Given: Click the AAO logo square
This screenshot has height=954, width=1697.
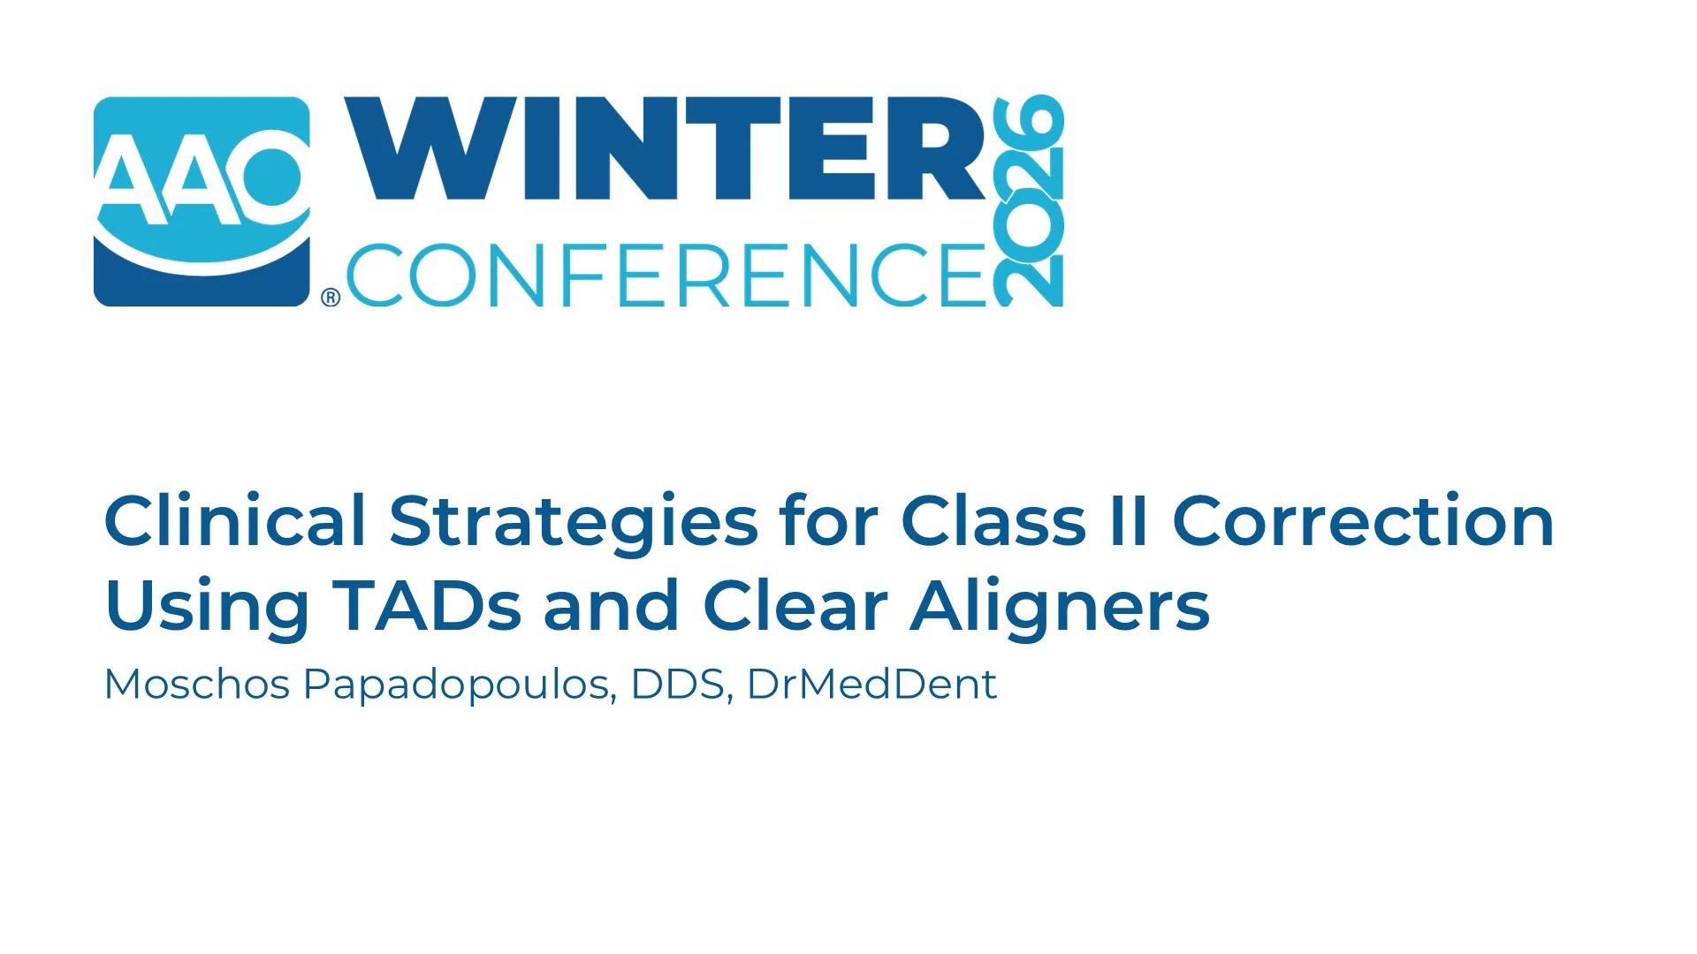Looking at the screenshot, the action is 202,201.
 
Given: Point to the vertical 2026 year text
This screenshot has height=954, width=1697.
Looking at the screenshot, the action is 1028,201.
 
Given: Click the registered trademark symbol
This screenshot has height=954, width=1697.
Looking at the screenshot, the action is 331,298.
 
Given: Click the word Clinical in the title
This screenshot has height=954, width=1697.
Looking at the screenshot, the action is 235,520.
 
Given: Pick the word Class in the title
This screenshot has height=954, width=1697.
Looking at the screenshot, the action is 993,520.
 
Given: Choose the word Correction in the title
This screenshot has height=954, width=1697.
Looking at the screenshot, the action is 1363,521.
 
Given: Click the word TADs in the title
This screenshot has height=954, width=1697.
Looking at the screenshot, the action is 427,606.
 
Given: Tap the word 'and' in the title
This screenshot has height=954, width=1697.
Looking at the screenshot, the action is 611,606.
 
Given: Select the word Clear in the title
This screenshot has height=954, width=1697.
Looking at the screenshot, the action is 795,606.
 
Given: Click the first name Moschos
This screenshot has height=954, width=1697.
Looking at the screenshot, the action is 197,684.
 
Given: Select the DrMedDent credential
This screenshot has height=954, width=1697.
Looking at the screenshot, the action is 872,684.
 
